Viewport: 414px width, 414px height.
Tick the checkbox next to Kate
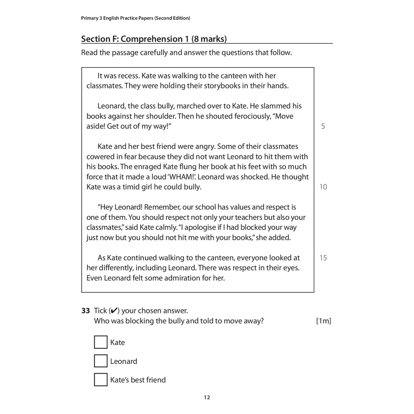(x=101, y=342)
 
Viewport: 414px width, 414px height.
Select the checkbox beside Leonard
(x=101, y=361)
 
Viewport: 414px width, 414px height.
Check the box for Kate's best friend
(x=101, y=380)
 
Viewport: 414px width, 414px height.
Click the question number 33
(x=85, y=310)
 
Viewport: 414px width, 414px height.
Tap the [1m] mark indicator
(x=323, y=321)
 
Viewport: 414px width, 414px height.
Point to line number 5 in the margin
(x=323, y=126)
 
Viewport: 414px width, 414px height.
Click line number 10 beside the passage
(x=323, y=187)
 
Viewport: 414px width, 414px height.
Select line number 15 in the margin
(x=323, y=258)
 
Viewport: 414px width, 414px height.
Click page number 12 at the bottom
(x=207, y=397)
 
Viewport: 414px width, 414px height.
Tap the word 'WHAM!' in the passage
(x=184, y=177)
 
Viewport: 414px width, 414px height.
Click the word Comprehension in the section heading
(x=152, y=39)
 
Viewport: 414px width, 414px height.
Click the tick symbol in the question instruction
(x=114, y=310)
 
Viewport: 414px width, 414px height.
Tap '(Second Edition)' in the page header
(x=172, y=18)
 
